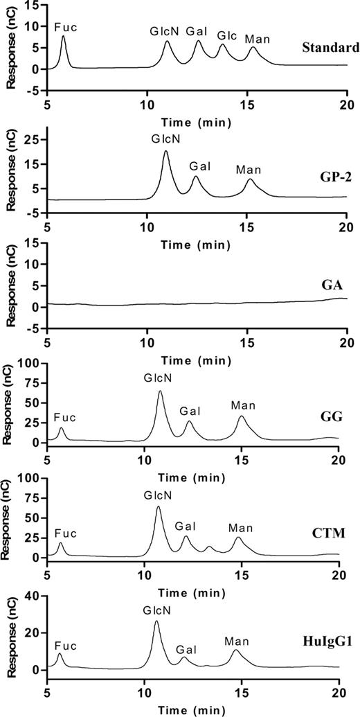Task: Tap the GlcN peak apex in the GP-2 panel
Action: click(x=165, y=151)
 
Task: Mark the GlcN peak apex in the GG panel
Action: click(x=160, y=391)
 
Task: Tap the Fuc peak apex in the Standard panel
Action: click(x=63, y=36)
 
